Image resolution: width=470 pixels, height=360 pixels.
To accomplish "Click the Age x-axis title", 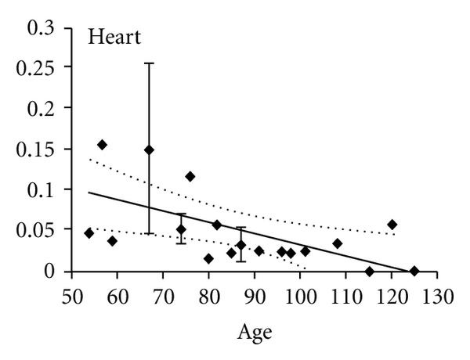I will click(255, 331).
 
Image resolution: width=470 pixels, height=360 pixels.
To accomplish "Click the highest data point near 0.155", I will click(102, 145).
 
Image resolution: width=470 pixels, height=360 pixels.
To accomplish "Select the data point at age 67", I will click(149, 149).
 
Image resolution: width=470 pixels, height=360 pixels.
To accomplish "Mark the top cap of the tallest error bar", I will click(149, 63).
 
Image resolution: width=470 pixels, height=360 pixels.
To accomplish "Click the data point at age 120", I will click(392, 225).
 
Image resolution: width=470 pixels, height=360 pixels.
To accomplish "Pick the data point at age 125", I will click(414, 271).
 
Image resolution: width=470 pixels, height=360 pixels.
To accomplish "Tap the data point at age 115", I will click(369, 272).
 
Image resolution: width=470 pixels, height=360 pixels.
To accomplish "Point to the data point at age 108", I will click(337, 243).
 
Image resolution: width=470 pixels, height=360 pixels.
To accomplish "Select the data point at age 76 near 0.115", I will click(190, 176).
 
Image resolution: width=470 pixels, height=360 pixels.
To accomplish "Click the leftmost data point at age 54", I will click(89, 233).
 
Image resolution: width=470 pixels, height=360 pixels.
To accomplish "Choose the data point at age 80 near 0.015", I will click(208, 258).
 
